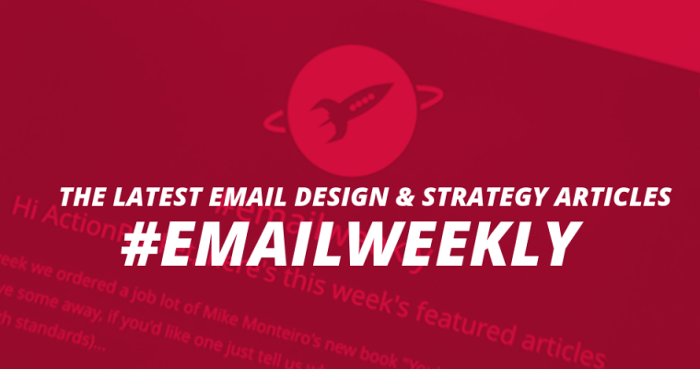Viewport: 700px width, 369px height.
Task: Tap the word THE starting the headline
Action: pyautogui.click(x=81, y=196)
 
